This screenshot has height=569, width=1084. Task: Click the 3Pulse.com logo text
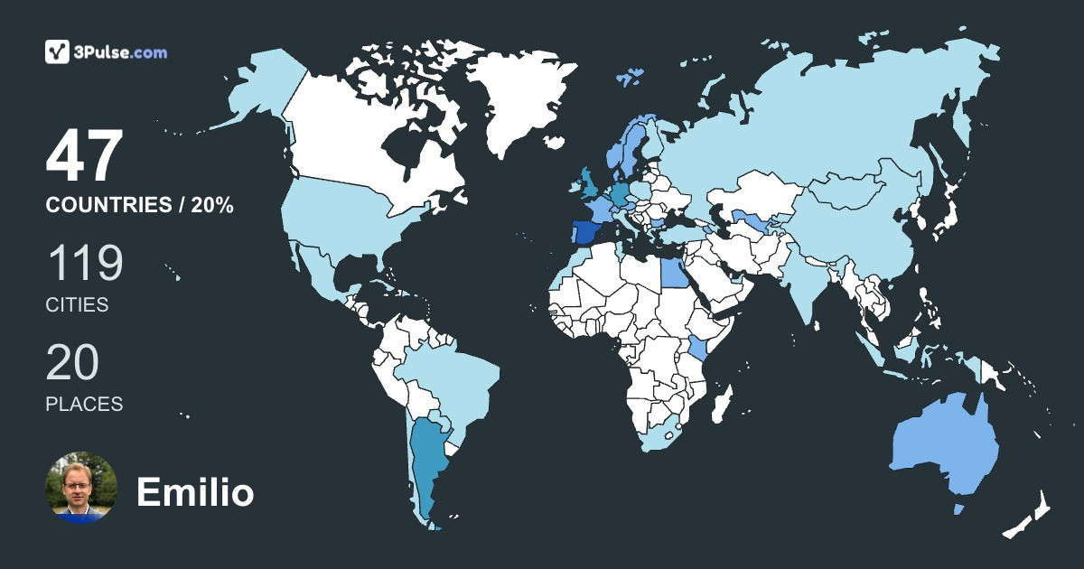tap(122, 52)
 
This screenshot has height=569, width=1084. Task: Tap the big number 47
tap(84, 157)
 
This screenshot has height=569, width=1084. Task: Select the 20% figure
tap(212, 206)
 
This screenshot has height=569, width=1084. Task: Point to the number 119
tap(84, 264)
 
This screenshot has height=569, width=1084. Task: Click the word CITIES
tap(77, 305)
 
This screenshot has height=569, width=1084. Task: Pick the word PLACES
tap(84, 405)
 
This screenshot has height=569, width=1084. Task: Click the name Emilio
tap(195, 493)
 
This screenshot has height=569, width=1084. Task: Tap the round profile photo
tap(81, 488)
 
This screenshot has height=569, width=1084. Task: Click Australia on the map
tap(944, 447)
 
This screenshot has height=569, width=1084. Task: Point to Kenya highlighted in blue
tap(698, 350)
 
